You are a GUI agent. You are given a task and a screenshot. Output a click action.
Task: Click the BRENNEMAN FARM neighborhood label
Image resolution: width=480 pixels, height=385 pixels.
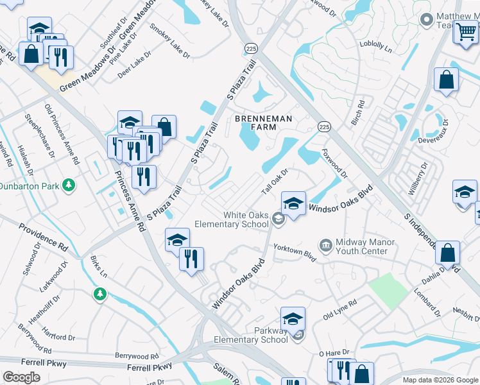pyautogui.click(x=263, y=123)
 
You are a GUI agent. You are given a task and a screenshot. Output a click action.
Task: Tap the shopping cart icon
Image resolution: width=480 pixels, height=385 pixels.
pyautogui.click(x=466, y=31)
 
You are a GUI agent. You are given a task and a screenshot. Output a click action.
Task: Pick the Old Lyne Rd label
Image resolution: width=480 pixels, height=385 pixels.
pyautogui.click(x=339, y=311)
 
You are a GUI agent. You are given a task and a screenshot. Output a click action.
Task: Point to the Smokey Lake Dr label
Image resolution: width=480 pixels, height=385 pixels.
pyautogui.click(x=170, y=40)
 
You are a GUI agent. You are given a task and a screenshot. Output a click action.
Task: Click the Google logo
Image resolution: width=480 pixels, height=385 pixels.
pyautogui.click(x=21, y=377)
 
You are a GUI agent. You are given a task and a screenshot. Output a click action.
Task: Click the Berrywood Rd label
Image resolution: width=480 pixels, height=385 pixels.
pyautogui.click(x=137, y=356)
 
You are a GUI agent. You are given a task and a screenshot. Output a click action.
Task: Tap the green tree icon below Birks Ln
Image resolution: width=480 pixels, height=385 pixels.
pyautogui.click(x=99, y=294)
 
